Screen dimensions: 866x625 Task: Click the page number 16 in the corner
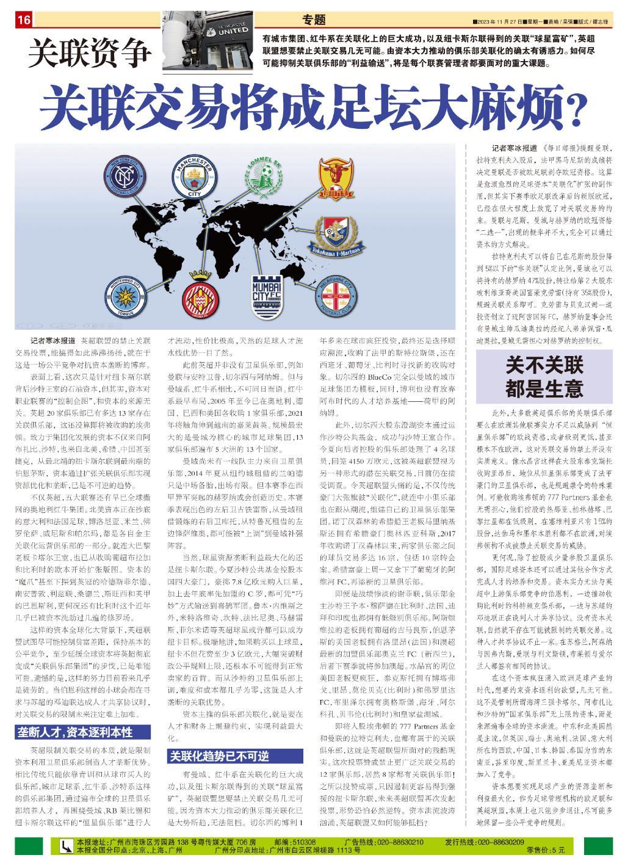[x=24, y=20]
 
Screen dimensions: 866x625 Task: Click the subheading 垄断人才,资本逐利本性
[x=81, y=732]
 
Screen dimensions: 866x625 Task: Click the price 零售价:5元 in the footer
[x=545, y=850]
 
